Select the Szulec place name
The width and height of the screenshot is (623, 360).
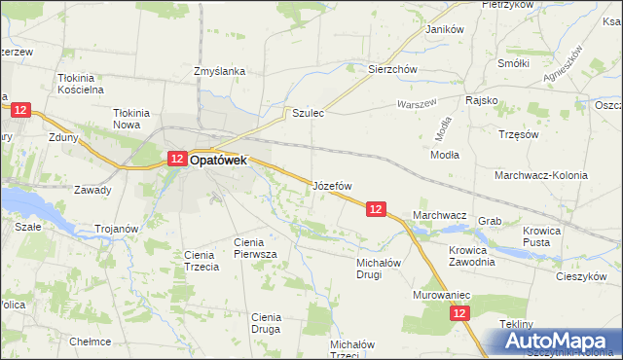coord(308,113)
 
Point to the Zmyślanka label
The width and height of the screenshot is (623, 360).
coord(219,71)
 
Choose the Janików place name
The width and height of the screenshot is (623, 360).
coord(444,29)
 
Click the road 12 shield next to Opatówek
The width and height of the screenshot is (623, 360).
coord(176,158)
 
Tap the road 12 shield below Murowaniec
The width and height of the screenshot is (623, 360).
coord(460,312)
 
